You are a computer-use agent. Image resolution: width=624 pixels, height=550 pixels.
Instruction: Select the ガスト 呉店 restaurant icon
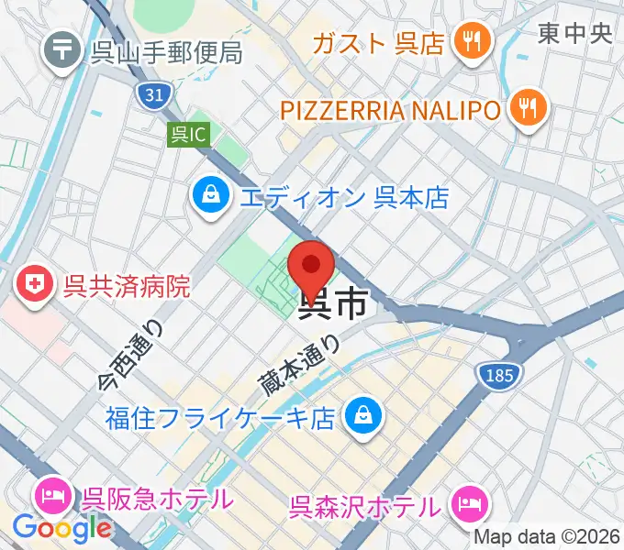474,41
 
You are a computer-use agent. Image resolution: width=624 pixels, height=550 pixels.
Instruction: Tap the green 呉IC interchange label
190,136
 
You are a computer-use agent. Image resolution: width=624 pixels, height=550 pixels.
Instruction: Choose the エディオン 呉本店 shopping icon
211,196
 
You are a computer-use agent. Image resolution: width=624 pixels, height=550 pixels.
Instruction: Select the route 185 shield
499,373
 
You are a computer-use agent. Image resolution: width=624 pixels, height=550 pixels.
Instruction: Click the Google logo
61,528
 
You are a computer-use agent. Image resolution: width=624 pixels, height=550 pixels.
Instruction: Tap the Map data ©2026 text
548,537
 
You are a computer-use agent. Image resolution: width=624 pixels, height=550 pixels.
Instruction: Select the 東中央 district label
574,35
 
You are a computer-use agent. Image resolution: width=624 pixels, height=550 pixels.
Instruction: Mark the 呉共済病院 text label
127,285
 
